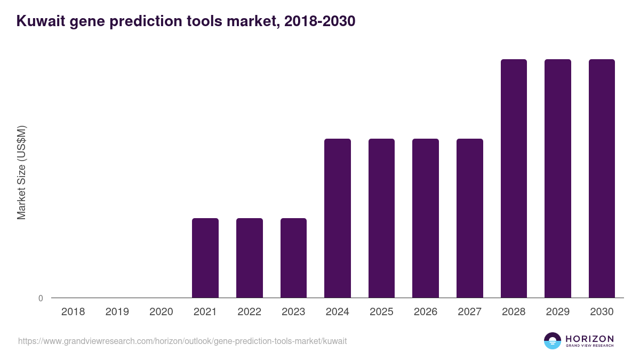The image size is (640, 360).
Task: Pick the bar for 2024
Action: (338, 218)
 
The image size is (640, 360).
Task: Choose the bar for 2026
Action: (426, 218)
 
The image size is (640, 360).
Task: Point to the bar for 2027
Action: (470, 218)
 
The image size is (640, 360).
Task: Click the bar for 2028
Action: (514, 178)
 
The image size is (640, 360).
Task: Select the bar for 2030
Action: (602, 178)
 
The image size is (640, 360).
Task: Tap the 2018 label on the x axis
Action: (73, 312)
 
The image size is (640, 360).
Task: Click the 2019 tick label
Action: (117, 312)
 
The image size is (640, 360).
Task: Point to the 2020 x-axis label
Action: (161, 312)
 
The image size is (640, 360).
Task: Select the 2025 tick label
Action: (381, 312)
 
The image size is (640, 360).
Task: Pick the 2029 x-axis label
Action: (557, 312)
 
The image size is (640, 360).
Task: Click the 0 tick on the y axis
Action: (41, 298)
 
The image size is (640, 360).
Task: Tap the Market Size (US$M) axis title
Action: (21, 173)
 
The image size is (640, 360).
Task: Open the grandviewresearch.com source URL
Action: (182, 341)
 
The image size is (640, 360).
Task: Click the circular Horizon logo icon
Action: (553, 341)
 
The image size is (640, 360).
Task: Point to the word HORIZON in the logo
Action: (590, 339)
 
